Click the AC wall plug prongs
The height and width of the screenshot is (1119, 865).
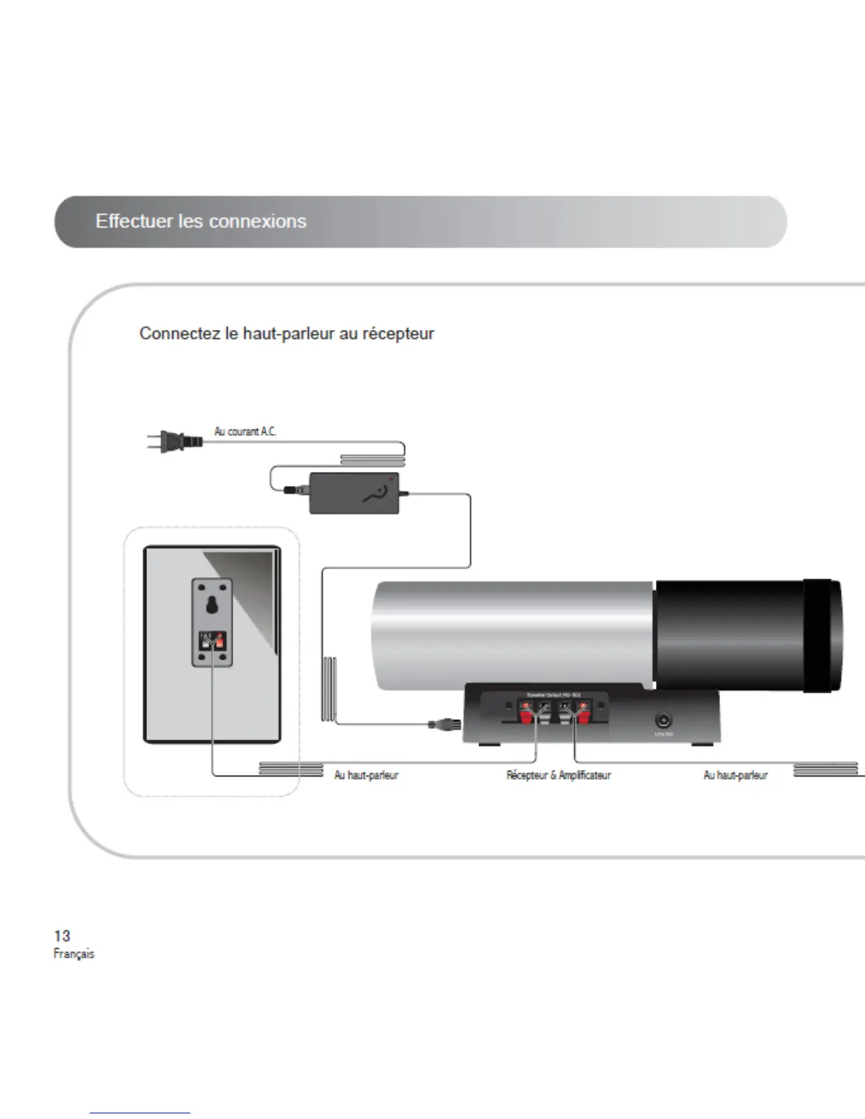coord(155,442)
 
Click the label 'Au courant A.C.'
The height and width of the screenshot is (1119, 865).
coord(245,431)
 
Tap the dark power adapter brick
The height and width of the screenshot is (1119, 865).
coord(354,492)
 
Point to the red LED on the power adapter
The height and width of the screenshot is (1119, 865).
coord(389,479)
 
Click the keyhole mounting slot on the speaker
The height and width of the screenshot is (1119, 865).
coord(211,605)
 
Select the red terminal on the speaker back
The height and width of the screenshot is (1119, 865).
coord(218,641)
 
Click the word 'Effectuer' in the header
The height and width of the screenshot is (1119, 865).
coord(134,221)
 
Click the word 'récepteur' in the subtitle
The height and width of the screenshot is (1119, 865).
coord(398,333)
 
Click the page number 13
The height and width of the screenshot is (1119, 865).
coord(62,936)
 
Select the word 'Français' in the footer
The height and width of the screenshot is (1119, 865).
coord(73,954)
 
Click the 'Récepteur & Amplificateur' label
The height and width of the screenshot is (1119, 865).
coord(558,775)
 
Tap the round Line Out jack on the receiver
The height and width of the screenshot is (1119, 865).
coord(663,720)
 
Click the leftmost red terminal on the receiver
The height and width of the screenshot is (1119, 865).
coord(526,717)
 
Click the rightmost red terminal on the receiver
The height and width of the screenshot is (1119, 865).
coord(583,717)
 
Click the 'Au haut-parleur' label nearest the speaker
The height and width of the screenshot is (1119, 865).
coord(366,775)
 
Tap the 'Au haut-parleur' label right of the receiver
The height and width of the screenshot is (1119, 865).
coord(735,775)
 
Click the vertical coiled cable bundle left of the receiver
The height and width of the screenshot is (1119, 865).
coord(329,689)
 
